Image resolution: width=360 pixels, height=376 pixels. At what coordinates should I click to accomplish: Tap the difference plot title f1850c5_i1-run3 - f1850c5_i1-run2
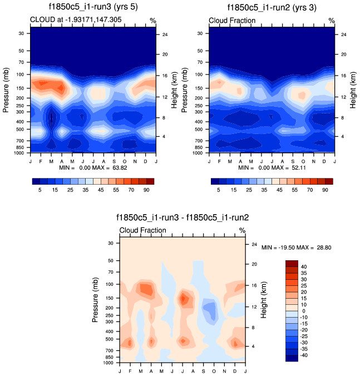pos(183,218)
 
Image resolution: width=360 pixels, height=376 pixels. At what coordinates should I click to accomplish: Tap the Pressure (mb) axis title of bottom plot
pos(96,300)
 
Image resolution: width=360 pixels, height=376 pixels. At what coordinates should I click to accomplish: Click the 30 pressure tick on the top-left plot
pos(21,33)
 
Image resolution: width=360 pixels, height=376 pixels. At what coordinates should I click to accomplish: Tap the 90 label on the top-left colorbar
pos(150,190)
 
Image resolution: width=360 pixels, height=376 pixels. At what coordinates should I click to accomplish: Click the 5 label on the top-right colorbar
pos(219,190)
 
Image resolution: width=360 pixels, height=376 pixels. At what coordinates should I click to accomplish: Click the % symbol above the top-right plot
pos(332,21)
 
